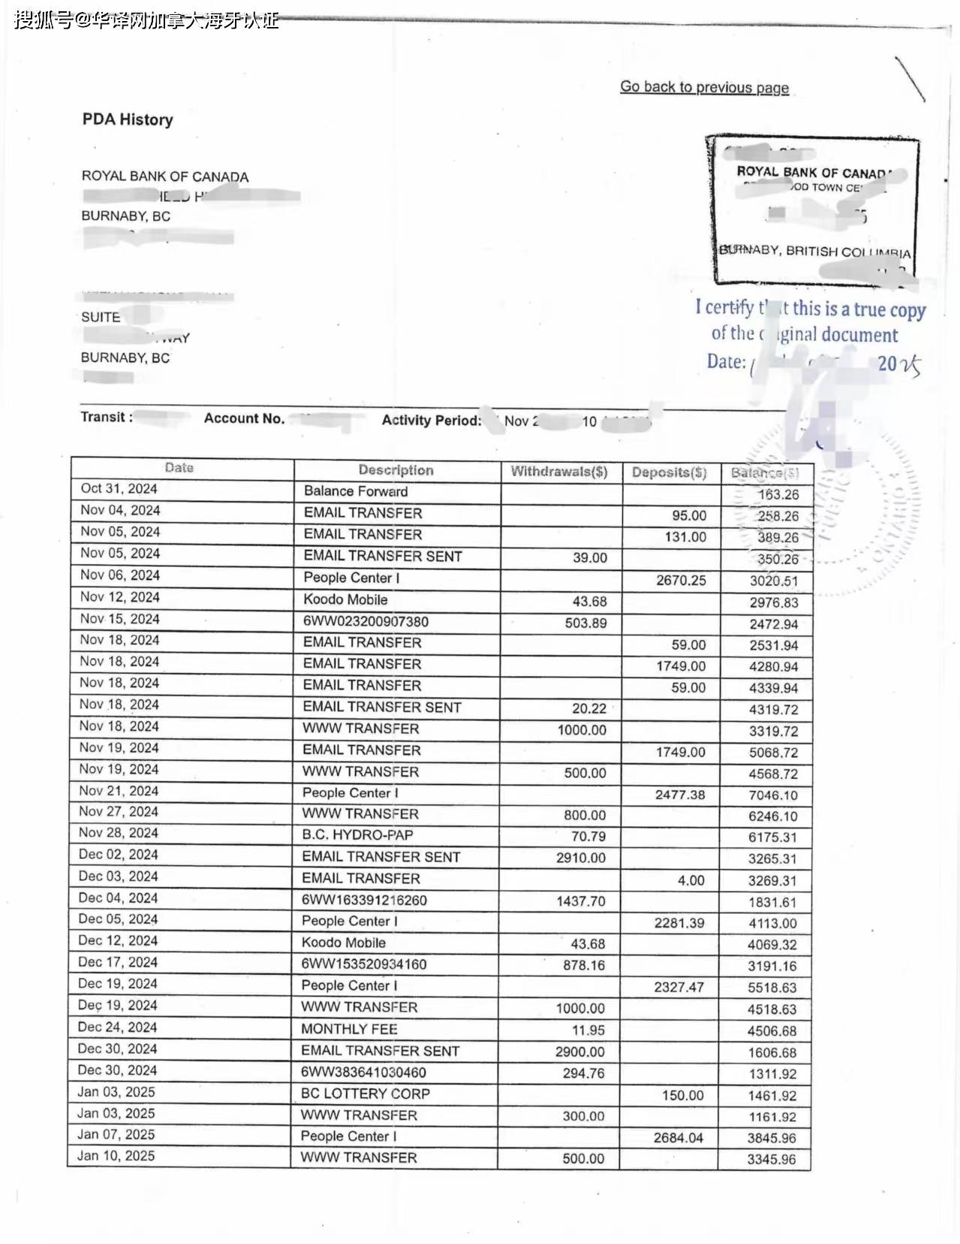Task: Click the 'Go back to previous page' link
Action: [x=704, y=87]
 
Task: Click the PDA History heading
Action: [x=128, y=119]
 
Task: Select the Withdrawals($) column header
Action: [x=559, y=472]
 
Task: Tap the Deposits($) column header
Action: [x=669, y=473]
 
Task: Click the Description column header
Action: [x=396, y=470]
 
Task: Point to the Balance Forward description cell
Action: [x=356, y=491]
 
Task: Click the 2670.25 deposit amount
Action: [x=681, y=580]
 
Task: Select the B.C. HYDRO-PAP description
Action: [x=357, y=835]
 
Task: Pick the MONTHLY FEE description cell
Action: [x=349, y=1029]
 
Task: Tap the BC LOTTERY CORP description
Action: [x=365, y=1094]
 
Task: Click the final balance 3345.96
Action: [x=771, y=1160]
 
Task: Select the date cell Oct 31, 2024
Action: [x=119, y=488]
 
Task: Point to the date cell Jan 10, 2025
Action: [x=116, y=1155]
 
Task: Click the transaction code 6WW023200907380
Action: [x=366, y=621]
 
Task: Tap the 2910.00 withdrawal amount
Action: [x=580, y=858]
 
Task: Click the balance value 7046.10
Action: [x=772, y=795]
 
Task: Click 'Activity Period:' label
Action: [x=432, y=421]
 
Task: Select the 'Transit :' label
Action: [x=107, y=417]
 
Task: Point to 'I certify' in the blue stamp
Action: [x=724, y=307]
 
